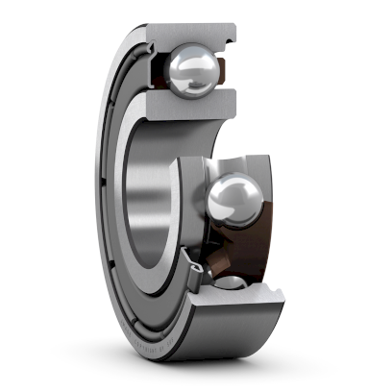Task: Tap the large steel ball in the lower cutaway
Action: click(232, 197)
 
